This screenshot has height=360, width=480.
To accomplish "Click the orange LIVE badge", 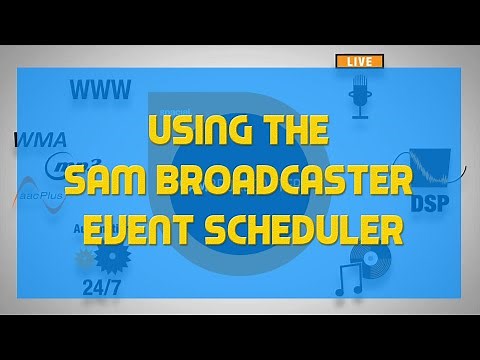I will coord(358,62).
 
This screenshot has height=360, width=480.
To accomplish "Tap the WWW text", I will coord(100,91).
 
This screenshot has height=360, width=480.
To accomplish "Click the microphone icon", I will coord(359,98).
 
